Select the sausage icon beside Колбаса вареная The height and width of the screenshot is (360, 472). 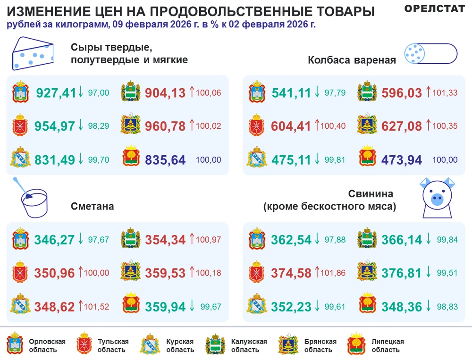click(x=430, y=53)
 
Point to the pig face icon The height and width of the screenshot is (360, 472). click(x=437, y=198)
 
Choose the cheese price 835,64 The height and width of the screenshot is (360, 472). click(x=165, y=160)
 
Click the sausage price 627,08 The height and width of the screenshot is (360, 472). click(x=402, y=126)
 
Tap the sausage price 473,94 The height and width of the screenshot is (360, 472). click(x=402, y=160)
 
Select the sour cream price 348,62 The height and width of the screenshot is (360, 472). click(x=54, y=307)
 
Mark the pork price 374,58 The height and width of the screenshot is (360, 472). click(x=291, y=273)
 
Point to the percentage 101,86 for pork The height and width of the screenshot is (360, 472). click(x=333, y=273)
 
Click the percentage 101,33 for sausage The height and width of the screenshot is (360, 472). click(x=445, y=93)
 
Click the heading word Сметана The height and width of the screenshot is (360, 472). click(x=93, y=207)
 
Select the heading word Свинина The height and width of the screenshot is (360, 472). click(x=371, y=194)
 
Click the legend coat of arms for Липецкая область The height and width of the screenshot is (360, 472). click(x=355, y=343)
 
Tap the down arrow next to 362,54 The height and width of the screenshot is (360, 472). click(x=317, y=239)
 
